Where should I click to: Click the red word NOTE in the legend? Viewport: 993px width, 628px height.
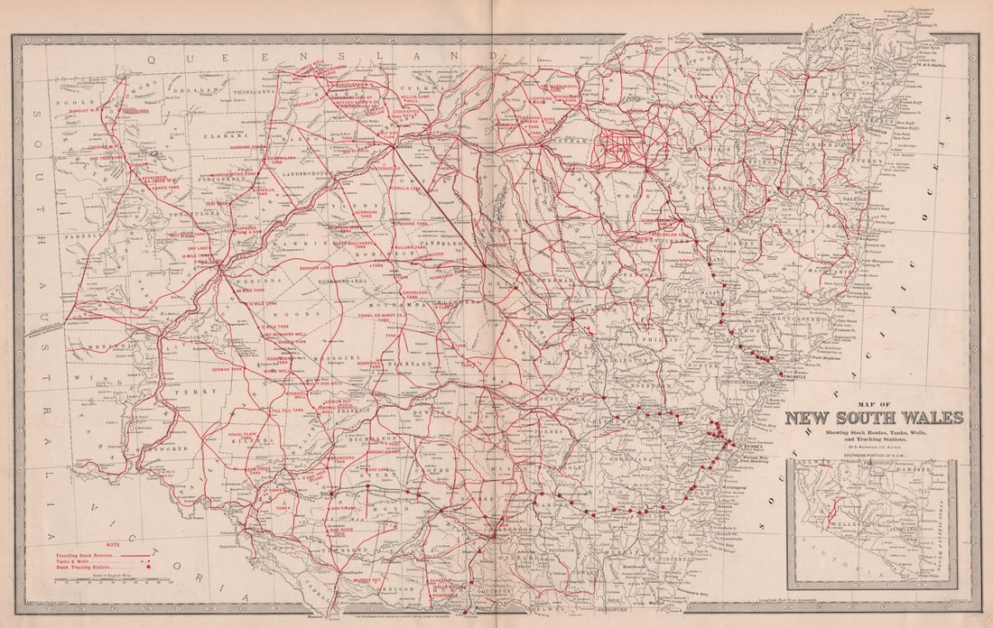click(112, 545)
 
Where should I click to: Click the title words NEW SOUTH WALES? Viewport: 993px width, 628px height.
click(873, 418)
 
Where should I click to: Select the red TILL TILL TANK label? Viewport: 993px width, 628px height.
click(287, 411)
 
